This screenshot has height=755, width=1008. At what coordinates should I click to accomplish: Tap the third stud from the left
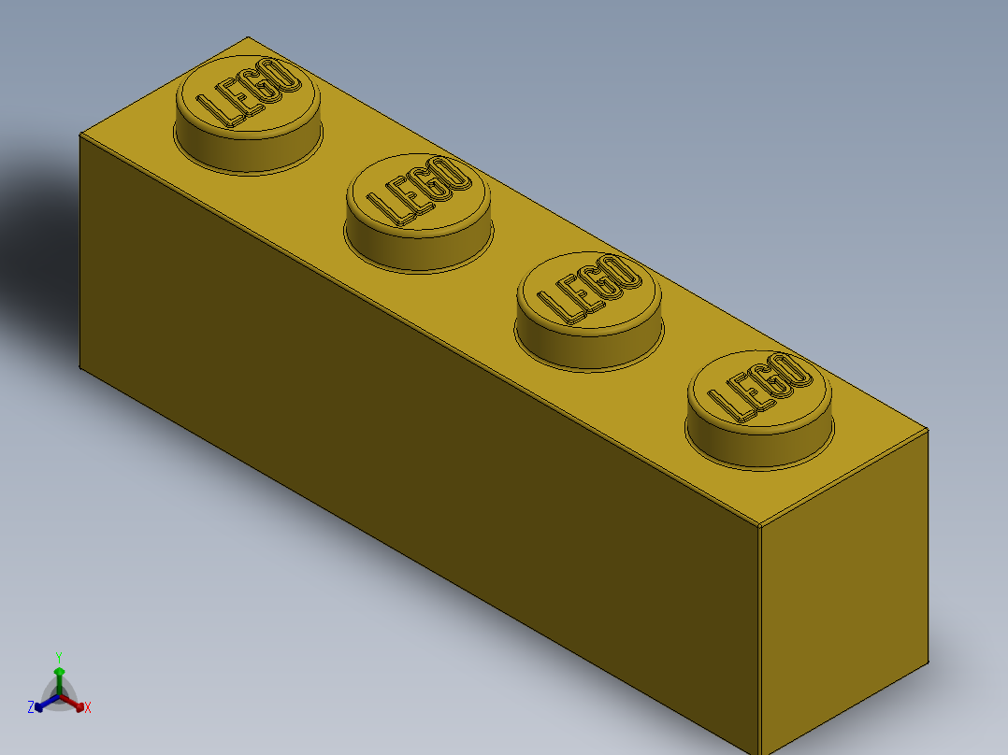click(589, 294)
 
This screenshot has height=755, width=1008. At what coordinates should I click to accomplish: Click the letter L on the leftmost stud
click(227, 110)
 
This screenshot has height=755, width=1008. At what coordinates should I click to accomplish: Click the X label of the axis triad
click(88, 708)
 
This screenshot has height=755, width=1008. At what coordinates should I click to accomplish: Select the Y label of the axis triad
click(58, 657)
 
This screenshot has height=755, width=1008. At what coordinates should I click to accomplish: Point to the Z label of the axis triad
click(31, 707)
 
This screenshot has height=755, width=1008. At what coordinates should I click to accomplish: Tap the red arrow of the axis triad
click(75, 703)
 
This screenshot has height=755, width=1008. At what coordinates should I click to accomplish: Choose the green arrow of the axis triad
click(59, 677)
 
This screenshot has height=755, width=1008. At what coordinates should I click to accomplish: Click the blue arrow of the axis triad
click(43, 704)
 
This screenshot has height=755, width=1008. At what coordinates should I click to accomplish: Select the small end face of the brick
click(842, 598)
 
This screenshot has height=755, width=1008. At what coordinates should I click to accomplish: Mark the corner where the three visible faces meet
click(759, 525)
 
